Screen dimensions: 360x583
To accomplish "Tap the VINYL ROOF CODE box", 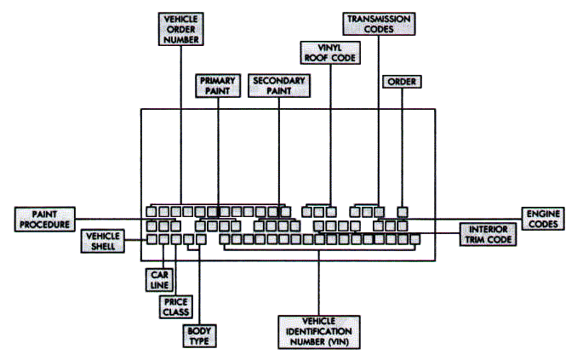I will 329,52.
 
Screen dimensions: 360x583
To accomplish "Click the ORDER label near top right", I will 402,83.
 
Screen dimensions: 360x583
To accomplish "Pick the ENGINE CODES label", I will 541,219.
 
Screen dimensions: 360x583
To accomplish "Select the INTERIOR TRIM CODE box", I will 489,235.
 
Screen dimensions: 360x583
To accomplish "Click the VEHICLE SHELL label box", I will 102,241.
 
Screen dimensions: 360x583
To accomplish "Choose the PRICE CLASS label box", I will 176,307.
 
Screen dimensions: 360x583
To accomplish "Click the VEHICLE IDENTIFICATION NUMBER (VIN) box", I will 319,330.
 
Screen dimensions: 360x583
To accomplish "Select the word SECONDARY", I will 278,80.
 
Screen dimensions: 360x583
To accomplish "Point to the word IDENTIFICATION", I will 319,330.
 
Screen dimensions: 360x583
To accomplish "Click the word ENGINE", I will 541,214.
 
